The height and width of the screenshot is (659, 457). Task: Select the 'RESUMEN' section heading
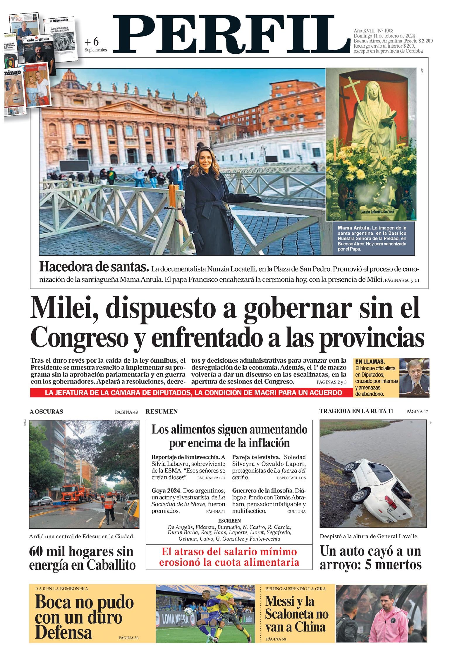point(162,411)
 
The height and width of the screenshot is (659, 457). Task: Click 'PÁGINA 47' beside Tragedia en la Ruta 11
point(417,412)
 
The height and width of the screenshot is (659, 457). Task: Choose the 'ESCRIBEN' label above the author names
point(229,520)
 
